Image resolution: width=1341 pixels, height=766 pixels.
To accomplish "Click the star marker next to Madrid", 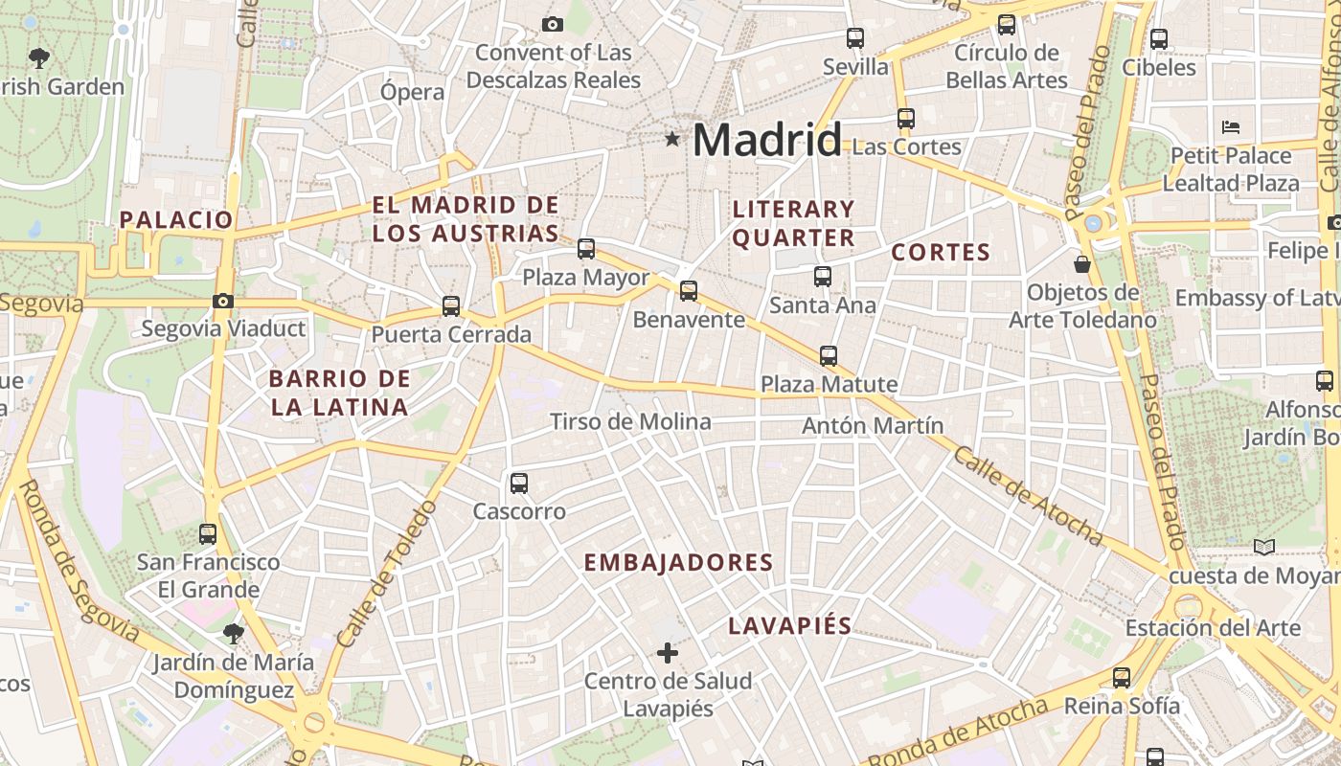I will [x=672, y=140].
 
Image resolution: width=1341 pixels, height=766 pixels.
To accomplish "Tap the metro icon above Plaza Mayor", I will [x=586, y=249].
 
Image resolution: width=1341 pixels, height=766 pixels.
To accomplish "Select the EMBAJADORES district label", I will [x=678, y=562].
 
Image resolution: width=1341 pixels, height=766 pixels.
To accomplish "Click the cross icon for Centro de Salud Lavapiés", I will [x=668, y=653].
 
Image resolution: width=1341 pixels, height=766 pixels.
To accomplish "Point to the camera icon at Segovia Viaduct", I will [x=223, y=301].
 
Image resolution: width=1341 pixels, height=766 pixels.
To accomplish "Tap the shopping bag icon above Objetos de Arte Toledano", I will [x=1082, y=263].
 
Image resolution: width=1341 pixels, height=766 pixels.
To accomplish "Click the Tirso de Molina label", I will [x=630, y=421].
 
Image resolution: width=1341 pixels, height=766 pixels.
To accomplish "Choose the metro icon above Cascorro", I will [x=519, y=484].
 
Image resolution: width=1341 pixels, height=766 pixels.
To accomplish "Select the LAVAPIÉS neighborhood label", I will [x=789, y=626].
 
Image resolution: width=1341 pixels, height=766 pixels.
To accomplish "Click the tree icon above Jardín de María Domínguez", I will [x=233, y=633].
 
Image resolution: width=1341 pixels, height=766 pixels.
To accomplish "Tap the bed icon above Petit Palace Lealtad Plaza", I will [x=1231, y=126].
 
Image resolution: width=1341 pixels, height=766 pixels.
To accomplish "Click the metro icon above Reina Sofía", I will [x=1122, y=678].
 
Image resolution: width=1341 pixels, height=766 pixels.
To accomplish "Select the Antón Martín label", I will [x=873, y=425].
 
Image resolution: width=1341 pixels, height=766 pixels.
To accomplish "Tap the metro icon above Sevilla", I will [x=855, y=38].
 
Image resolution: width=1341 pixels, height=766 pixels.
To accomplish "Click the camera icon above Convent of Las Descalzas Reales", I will [x=553, y=24].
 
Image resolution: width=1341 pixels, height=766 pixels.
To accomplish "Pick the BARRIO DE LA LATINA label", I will [x=340, y=393].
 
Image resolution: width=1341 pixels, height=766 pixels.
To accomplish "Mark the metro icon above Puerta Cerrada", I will [x=451, y=306].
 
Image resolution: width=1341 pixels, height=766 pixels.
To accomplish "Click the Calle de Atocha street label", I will [x=1027, y=495].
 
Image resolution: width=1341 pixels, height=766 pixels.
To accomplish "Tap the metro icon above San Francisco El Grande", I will [x=208, y=534].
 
